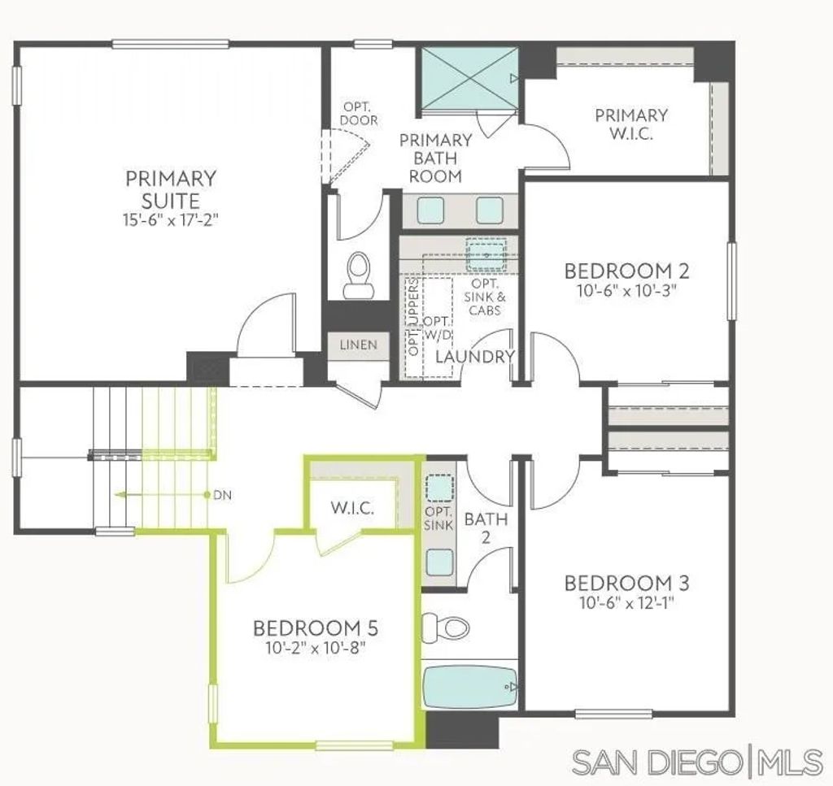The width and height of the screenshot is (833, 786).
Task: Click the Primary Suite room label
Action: pos(171,189)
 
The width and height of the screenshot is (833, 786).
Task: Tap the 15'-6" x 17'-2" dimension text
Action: pos(171,219)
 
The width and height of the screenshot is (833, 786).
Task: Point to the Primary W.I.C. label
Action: pos(631,124)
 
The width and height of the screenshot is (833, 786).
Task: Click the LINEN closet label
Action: pos(358,345)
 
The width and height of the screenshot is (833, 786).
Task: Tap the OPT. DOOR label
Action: pos(359,114)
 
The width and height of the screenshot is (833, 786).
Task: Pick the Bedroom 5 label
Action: pos(316,628)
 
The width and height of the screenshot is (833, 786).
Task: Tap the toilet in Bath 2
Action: pos(450,627)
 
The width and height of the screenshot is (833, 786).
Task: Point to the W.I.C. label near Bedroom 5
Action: pos(352,510)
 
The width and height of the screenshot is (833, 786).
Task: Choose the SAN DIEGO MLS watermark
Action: pos(697,762)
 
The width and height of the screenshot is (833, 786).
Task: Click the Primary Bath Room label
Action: pos(435,158)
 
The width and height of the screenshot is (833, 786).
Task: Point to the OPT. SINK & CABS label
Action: pos(485,297)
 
